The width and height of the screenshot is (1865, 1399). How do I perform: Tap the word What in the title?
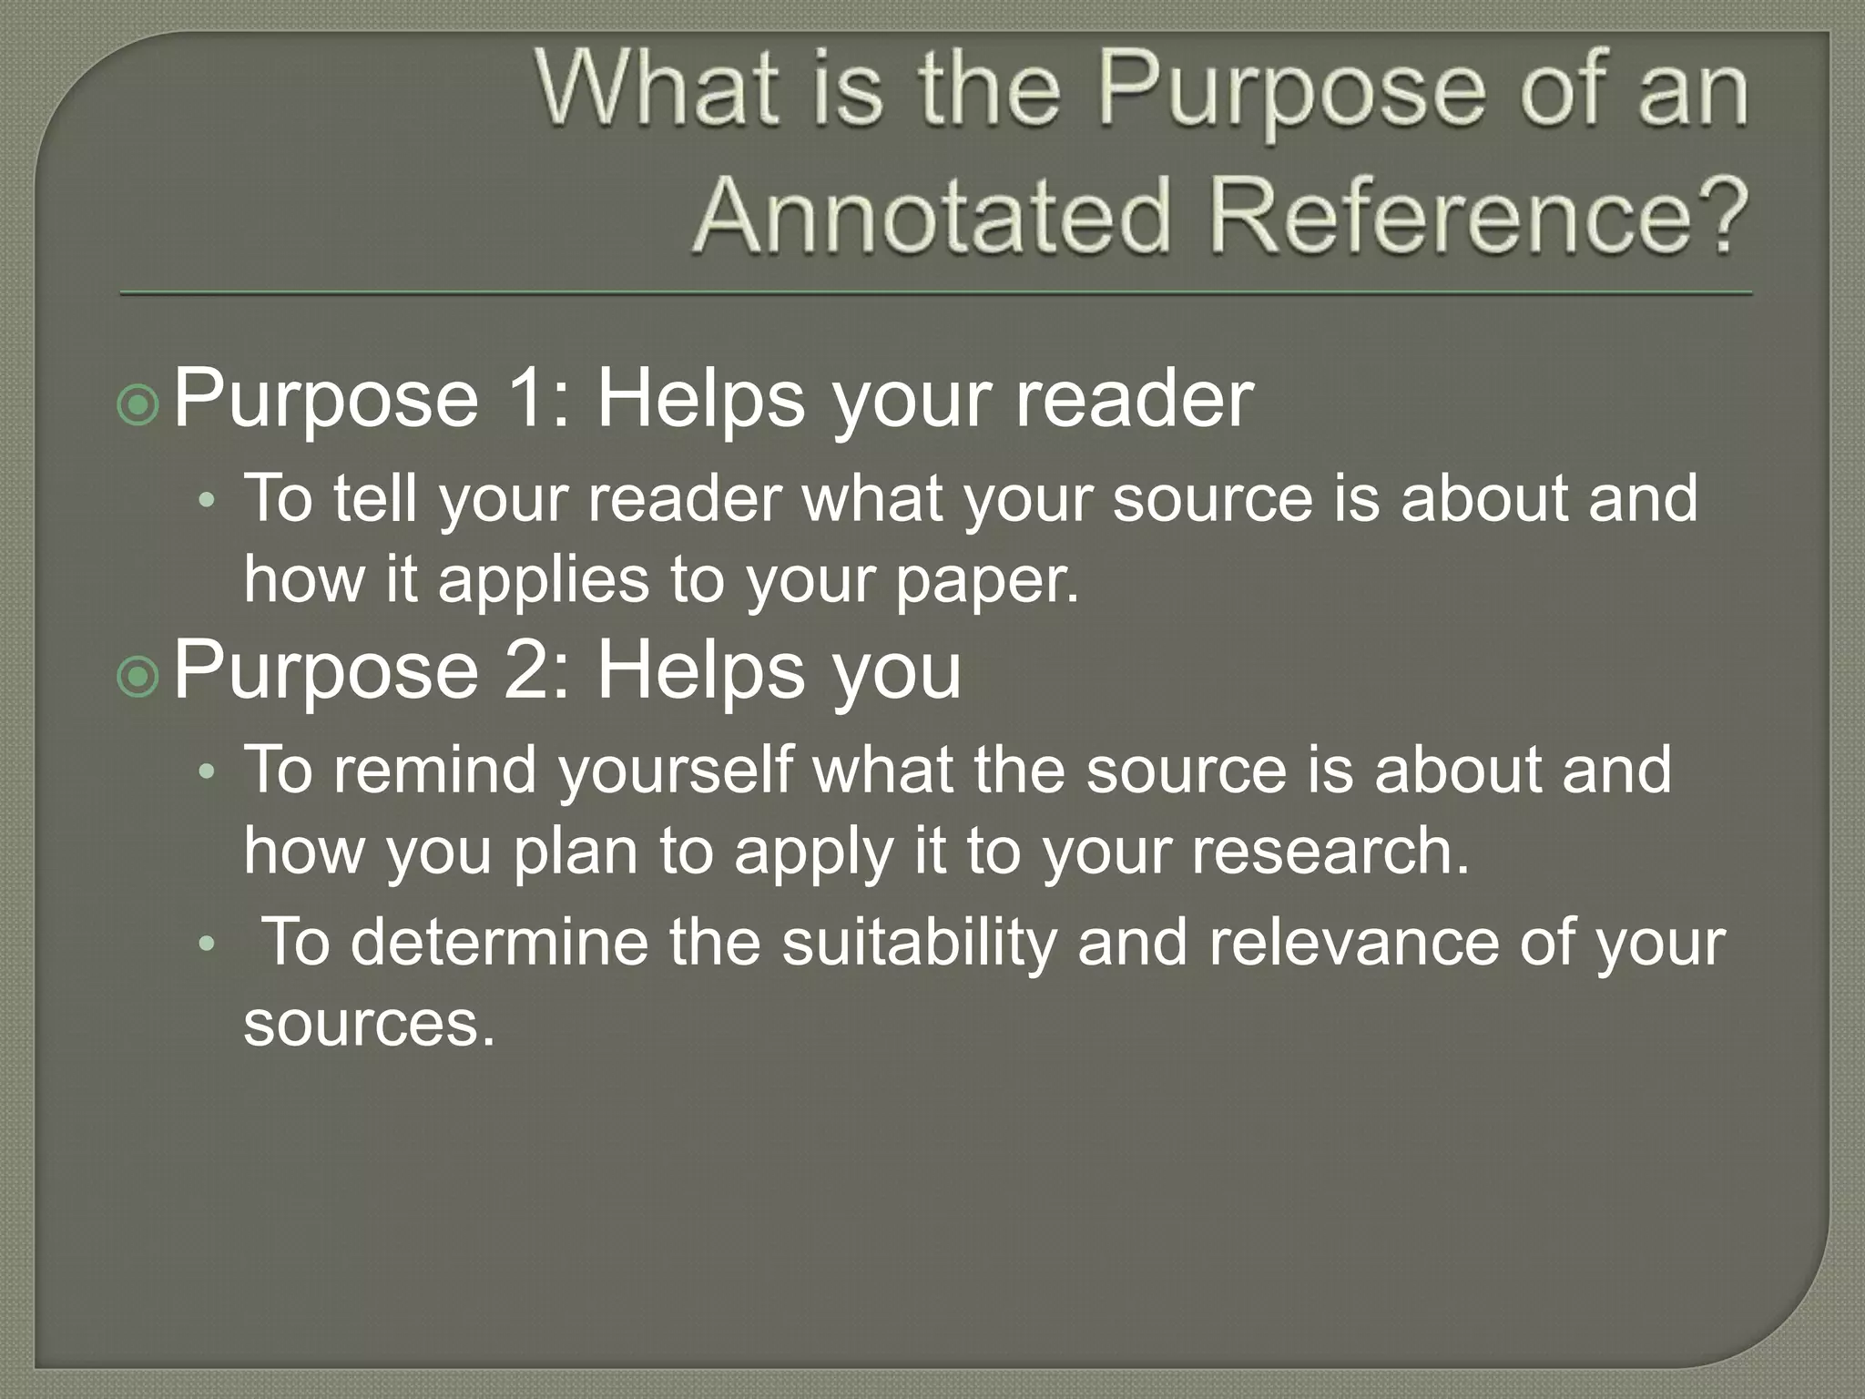point(658,91)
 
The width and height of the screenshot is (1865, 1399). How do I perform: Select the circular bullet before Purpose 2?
point(138,676)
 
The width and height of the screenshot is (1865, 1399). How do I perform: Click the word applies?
point(543,580)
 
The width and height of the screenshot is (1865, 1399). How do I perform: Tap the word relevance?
point(1352,942)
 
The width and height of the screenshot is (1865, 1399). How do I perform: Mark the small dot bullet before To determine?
point(208,945)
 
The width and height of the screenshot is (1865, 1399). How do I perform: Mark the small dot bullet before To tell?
point(208,500)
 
